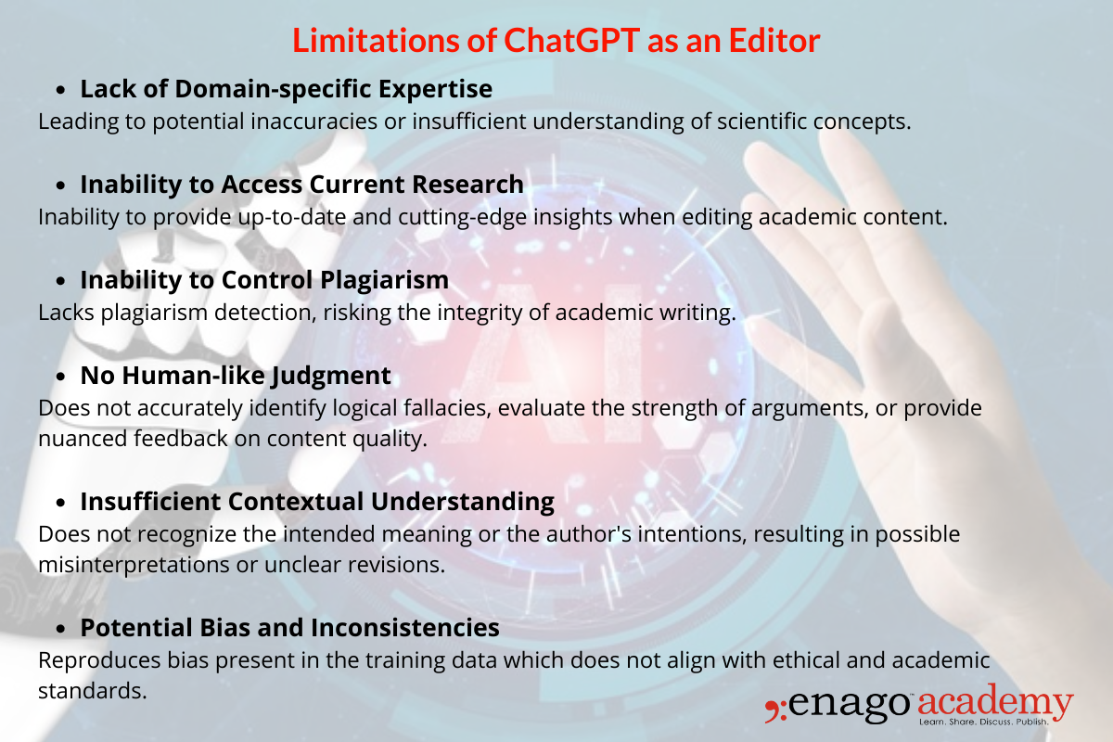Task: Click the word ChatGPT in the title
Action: point(548,40)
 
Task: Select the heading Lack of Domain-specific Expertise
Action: point(286,89)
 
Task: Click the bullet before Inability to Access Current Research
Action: point(61,186)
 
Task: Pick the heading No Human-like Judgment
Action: point(235,376)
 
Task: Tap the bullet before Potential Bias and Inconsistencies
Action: point(61,630)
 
